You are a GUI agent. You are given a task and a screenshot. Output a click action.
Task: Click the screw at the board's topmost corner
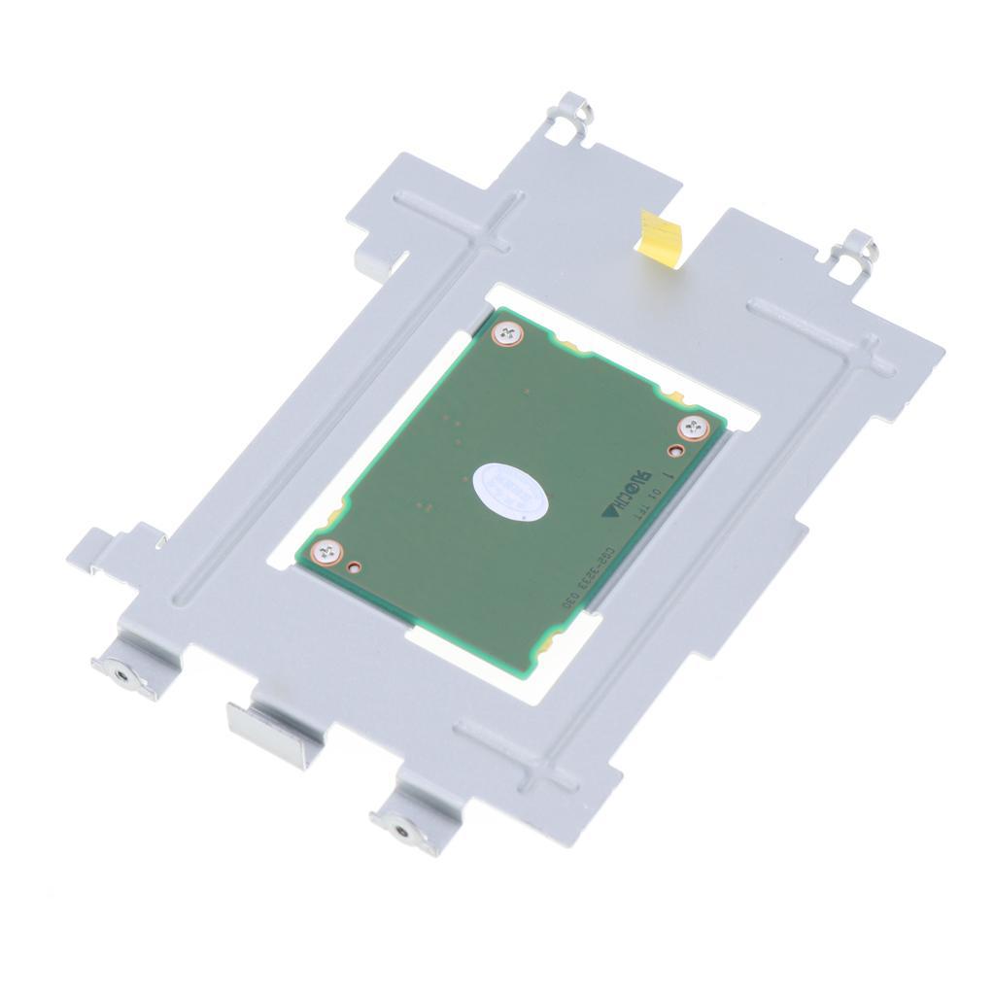[506, 334]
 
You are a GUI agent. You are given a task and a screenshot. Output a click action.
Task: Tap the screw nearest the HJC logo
[691, 426]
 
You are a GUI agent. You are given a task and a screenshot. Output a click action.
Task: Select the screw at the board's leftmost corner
[326, 551]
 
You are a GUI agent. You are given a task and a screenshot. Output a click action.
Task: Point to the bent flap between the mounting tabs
[262, 723]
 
